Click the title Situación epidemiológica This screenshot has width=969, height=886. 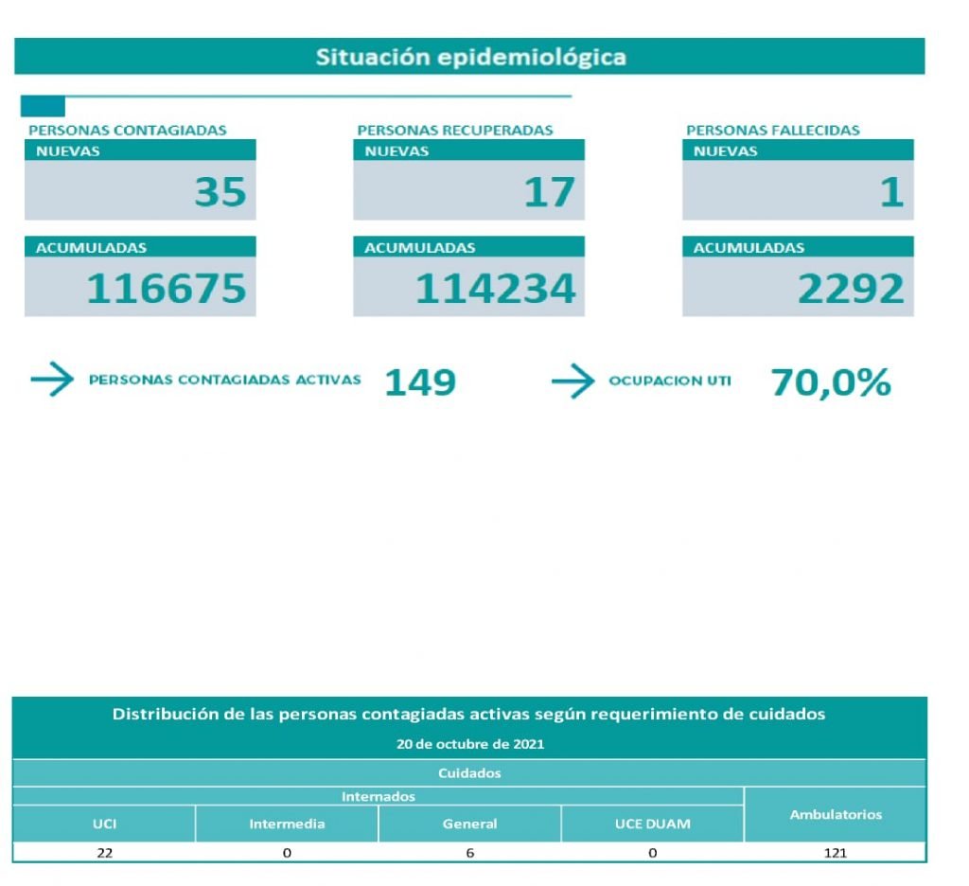click(470, 57)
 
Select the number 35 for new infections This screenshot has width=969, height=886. click(220, 192)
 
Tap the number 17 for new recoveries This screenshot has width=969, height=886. click(549, 192)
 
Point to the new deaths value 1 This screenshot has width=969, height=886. click(891, 192)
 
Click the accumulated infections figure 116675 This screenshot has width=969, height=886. click(167, 289)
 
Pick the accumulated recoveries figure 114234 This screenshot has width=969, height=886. click(495, 289)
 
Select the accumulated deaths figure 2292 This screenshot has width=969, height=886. click(851, 289)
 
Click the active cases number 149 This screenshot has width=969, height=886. click(420, 382)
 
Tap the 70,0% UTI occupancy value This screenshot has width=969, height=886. click(831, 382)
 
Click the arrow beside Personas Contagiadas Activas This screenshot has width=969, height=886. click(52, 381)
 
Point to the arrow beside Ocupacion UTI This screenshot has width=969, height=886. click(573, 382)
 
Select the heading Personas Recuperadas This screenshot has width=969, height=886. click(454, 131)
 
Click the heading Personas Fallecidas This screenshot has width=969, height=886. click(772, 131)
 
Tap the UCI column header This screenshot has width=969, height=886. click(104, 824)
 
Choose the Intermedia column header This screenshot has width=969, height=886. click(287, 824)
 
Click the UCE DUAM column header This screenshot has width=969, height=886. click(652, 824)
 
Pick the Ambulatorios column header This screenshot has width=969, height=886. click(836, 814)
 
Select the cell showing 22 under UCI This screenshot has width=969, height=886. click(104, 853)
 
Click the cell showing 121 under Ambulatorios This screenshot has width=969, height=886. click(836, 853)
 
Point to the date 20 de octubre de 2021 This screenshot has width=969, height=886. click(469, 744)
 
